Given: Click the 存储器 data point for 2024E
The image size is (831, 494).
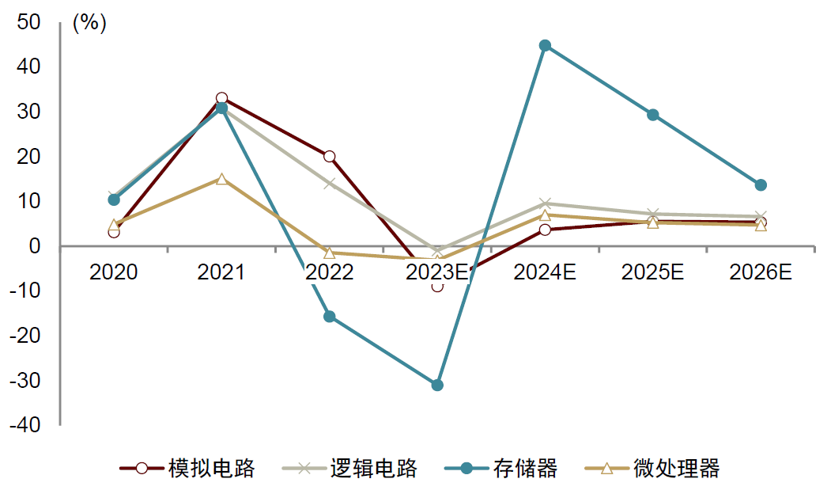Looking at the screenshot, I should point(545,46).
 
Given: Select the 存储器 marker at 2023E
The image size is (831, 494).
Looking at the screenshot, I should point(437,385).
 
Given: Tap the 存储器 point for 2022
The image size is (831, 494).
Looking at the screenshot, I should point(330,317).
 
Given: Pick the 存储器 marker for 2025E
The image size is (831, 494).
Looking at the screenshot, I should point(653,115).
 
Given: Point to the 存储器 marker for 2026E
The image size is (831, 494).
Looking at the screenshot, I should point(761,185).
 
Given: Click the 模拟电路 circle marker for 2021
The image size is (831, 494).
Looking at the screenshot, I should point(221,98).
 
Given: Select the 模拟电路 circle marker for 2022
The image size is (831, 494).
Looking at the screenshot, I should point(330,157).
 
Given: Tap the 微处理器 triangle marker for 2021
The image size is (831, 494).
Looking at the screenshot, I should point(221,179).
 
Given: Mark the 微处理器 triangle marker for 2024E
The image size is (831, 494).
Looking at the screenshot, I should point(545,215).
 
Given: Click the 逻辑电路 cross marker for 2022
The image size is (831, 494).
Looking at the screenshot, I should point(330,184).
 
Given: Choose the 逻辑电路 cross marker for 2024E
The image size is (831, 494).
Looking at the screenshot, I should point(545,203).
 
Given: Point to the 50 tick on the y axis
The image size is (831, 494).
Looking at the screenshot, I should point(29,23).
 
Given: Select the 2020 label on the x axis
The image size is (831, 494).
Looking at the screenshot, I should point(114,273).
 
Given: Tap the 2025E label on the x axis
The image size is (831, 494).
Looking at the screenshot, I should point(653,273).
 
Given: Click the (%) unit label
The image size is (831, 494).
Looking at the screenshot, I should point(89,23).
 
